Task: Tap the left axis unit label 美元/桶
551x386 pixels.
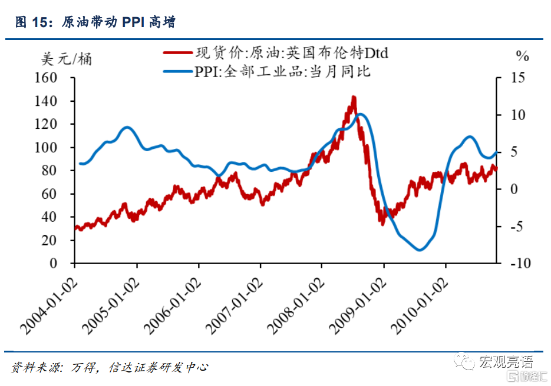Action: coord(67,59)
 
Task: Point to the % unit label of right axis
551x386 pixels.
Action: coord(523,56)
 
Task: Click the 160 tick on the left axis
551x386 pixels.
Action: coord(57,78)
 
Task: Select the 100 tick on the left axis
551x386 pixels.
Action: coord(57,147)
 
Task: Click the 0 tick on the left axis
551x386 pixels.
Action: coord(65,263)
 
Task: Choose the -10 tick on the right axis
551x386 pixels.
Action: coord(512,263)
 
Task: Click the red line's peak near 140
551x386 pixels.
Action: coord(354,98)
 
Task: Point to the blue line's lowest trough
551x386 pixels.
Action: coord(420,249)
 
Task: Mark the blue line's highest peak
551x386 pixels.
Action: coord(361,114)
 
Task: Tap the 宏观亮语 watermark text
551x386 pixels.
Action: coord(504,360)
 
